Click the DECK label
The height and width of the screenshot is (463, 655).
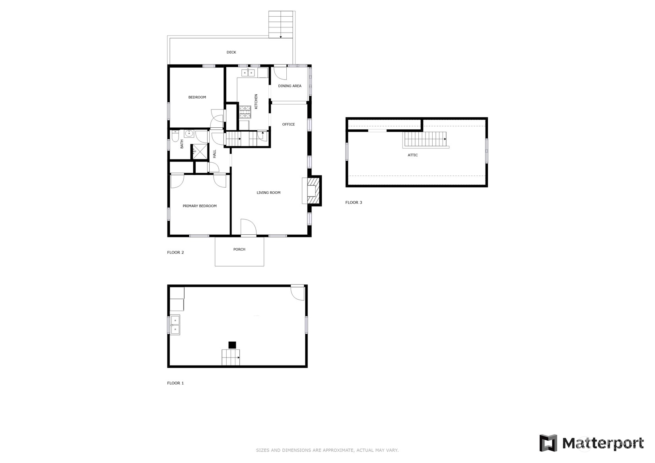point(231,52)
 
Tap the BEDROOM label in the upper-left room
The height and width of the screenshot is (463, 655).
point(197,97)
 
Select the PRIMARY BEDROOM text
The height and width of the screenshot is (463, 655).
point(199,206)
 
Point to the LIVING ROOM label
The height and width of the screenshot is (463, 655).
point(268,193)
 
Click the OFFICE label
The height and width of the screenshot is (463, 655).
point(288,124)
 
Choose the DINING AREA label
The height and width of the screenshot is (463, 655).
point(290,86)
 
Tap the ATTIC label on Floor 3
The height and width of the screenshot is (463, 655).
point(412,155)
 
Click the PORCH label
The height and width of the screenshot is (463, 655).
point(239,249)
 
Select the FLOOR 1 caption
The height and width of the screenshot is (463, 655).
point(175,383)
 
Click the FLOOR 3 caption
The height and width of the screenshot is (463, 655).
point(354,202)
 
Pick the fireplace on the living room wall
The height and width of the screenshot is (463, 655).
point(312,190)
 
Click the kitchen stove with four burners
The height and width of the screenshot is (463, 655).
point(245,112)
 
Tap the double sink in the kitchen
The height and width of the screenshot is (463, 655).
point(248,72)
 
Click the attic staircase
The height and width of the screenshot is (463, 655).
point(425,140)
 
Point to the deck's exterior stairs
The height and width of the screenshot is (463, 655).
point(281,24)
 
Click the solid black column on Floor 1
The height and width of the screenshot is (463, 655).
point(232,345)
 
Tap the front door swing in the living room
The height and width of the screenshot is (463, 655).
point(248,227)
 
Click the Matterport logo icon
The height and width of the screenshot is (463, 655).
point(548,443)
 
